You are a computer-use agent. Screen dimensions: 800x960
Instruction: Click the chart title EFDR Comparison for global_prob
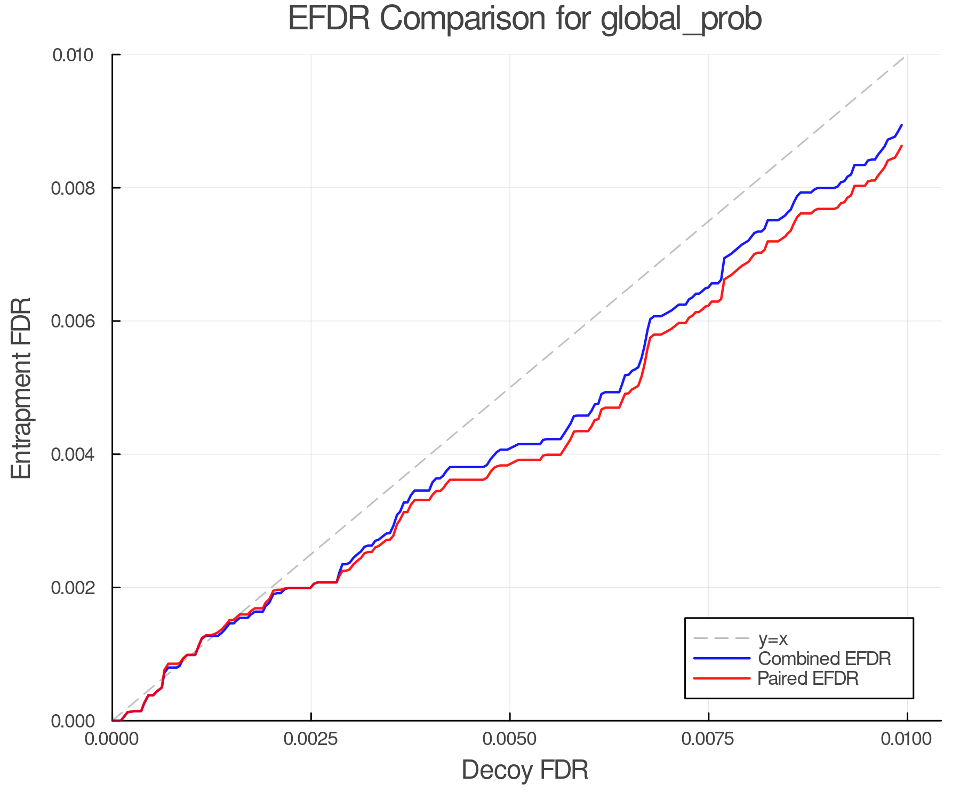click(x=525, y=19)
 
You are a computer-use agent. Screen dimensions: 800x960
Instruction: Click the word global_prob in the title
click(x=681, y=19)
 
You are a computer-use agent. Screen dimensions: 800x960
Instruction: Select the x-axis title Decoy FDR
click(x=525, y=770)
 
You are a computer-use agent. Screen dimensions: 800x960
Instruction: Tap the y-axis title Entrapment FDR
click(x=21, y=388)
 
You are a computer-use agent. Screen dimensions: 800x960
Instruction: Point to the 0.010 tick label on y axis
click(x=73, y=55)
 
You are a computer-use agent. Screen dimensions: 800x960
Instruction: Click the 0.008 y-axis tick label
click(x=73, y=188)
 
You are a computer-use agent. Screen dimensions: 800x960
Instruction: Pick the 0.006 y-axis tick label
click(x=73, y=321)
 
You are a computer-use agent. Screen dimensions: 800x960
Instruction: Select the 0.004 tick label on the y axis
click(x=73, y=454)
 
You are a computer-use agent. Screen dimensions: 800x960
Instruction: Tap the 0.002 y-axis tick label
click(x=73, y=588)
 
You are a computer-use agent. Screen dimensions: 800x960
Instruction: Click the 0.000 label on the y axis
click(x=73, y=721)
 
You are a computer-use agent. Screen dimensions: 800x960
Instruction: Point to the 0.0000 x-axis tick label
click(x=112, y=739)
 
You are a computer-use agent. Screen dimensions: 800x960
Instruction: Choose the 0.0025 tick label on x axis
click(x=311, y=739)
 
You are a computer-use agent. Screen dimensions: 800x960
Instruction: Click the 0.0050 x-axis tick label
click(x=510, y=739)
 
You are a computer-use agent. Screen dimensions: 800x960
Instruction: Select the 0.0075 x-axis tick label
click(x=708, y=739)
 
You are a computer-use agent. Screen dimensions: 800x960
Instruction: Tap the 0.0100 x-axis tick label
click(x=907, y=739)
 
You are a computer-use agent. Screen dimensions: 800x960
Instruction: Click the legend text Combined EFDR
click(x=824, y=659)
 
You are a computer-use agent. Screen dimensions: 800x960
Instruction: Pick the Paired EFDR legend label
click(x=808, y=678)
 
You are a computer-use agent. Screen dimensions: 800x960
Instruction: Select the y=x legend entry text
click(x=773, y=638)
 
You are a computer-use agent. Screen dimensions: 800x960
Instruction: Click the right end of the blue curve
click(x=901, y=125)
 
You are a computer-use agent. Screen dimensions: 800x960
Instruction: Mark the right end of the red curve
click(x=901, y=146)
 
